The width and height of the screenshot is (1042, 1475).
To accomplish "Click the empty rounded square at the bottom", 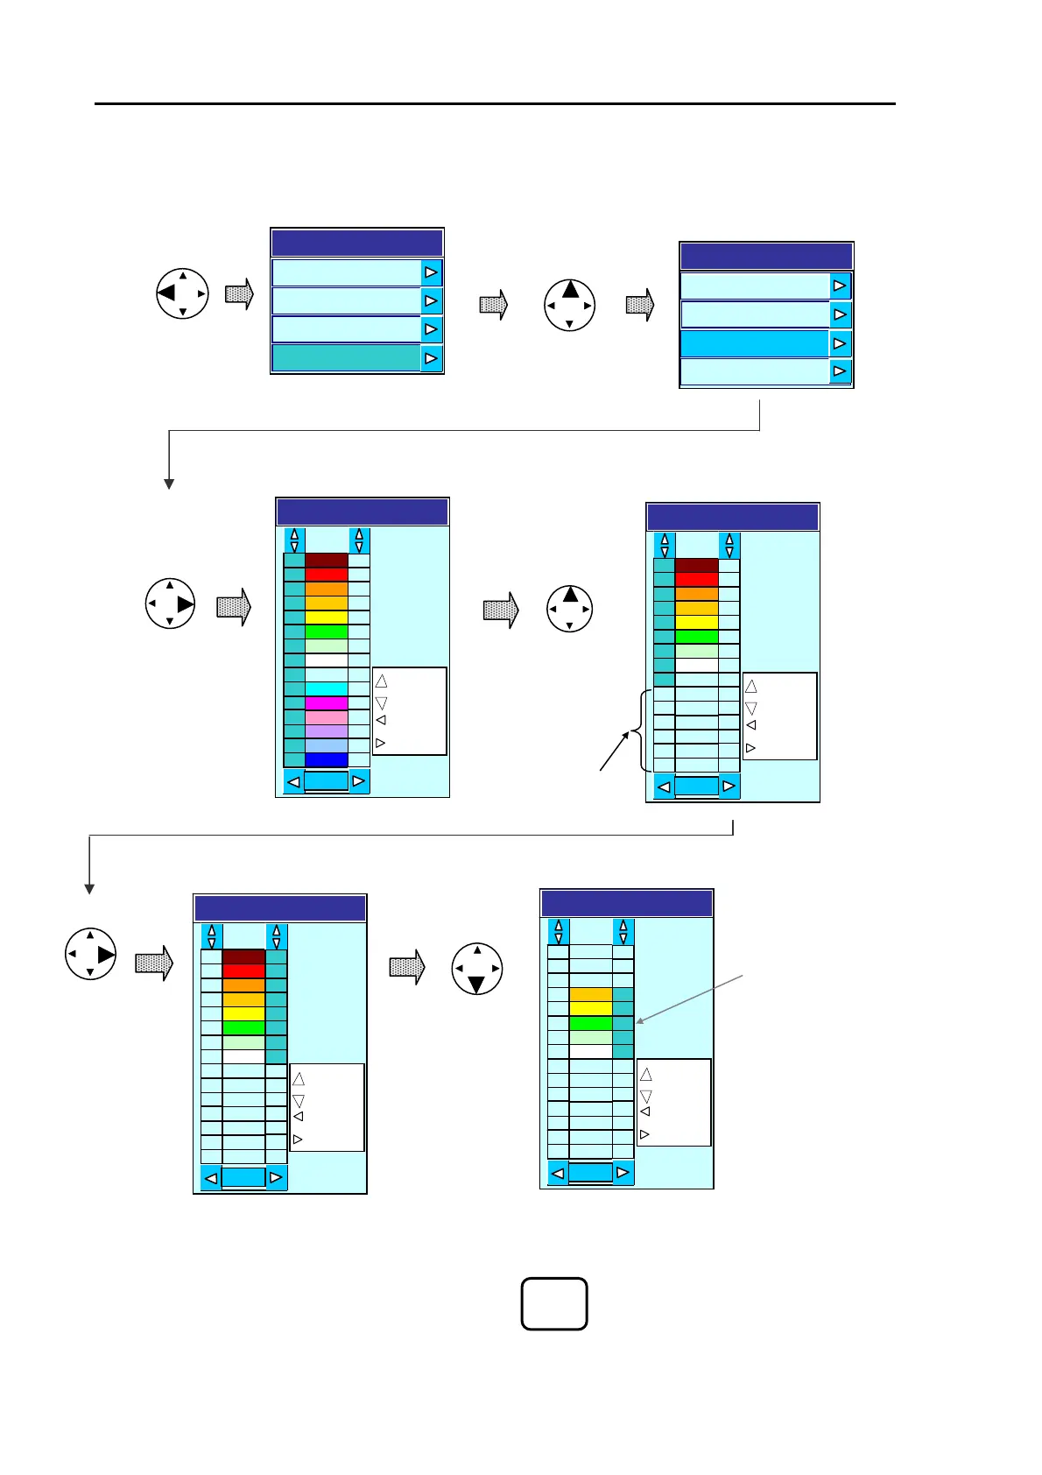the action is pyautogui.click(x=553, y=1303).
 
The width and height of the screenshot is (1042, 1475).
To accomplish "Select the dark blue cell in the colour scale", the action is pyautogui.click(x=326, y=759).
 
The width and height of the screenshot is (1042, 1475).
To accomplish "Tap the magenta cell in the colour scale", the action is pyautogui.click(x=326, y=702).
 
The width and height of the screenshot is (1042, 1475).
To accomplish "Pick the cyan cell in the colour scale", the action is pyautogui.click(x=326, y=688).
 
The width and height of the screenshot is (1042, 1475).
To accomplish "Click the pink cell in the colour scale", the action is pyautogui.click(x=326, y=716).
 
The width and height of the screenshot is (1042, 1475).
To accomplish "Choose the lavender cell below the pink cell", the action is pyautogui.click(x=326, y=730).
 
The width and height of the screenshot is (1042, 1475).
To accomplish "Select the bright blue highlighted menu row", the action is pyautogui.click(x=755, y=343).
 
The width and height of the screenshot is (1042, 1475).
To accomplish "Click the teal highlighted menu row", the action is pyautogui.click(x=346, y=358).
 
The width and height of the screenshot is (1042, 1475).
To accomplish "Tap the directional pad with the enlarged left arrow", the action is pyautogui.click(x=182, y=293).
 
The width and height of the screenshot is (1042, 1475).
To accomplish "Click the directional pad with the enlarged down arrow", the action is pyautogui.click(x=477, y=970).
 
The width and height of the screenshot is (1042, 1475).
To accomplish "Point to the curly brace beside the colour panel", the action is pyautogui.click(x=645, y=730).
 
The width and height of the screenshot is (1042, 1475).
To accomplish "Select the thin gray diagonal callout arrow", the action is pyautogui.click(x=690, y=999).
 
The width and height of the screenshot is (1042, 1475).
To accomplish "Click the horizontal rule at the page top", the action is pyautogui.click(x=495, y=104).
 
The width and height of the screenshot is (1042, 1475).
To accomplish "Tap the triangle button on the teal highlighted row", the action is pyautogui.click(x=432, y=358).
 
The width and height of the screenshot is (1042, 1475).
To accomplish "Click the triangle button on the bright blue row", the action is pyautogui.click(x=840, y=343).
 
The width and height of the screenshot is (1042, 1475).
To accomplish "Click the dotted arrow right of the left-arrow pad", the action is pyautogui.click(x=239, y=293).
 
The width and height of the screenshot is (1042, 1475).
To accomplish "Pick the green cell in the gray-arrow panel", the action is pyautogui.click(x=590, y=1023).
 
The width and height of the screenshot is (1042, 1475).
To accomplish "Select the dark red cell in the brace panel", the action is pyautogui.click(x=696, y=565).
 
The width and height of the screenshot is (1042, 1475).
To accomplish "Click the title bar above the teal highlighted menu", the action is pyautogui.click(x=356, y=243).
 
